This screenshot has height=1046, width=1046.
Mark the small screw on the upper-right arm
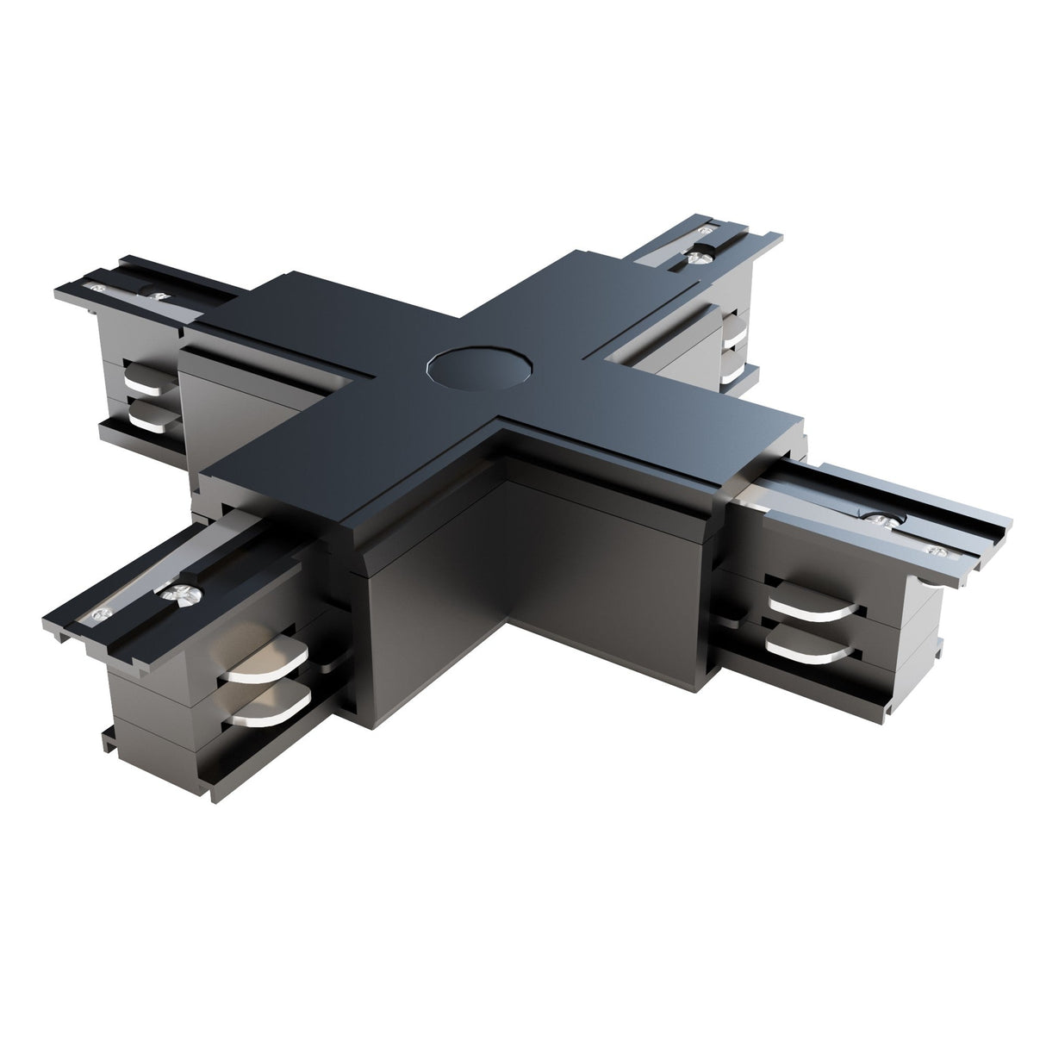coord(708,230)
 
